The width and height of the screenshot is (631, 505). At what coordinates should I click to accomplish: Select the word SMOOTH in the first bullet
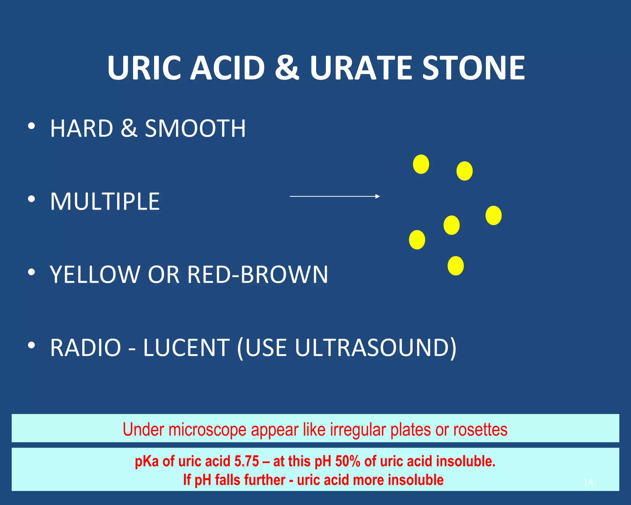click(x=195, y=129)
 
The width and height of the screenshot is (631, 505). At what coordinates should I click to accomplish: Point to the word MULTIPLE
click(x=105, y=202)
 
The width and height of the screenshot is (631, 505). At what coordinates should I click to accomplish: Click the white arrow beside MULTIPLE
click(x=335, y=196)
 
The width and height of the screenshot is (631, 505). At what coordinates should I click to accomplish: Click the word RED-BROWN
click(x=258, y=274)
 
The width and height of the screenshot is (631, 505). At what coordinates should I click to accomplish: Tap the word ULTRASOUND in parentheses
click(x=372, y=348)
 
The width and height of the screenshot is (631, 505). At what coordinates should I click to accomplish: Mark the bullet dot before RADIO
click(x=31, y=346)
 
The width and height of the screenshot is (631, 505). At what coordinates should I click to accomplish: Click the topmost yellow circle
click(x=421, y=164)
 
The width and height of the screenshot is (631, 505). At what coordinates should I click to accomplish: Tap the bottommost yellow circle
click(x=455, y=266)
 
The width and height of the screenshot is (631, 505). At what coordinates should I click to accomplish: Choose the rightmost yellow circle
click(x=493, y=216)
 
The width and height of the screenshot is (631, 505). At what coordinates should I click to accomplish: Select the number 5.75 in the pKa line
click(x=246, y=462)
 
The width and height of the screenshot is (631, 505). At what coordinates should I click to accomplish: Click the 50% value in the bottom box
click(x=348, y=462)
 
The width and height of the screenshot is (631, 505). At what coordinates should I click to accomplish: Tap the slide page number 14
click(x=588, y=482)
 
